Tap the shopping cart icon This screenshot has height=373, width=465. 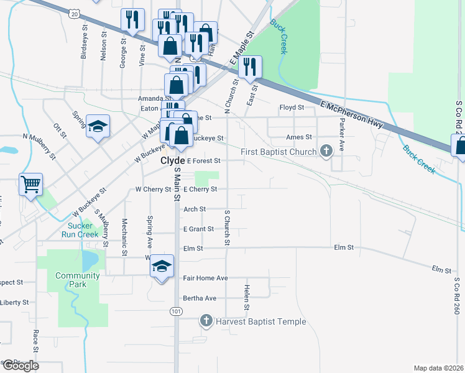(30, 184)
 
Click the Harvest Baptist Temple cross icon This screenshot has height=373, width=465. (206, 321)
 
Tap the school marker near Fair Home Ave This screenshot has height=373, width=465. (162, 267)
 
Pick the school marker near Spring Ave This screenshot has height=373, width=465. (98, 126)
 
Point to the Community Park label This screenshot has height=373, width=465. (77, 275)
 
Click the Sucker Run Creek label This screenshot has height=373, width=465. (80, 230)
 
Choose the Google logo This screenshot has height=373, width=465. (20, 366)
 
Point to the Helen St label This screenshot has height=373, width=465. (247, 298)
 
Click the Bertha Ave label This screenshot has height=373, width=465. (200, 298)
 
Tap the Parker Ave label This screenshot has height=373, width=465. (341, 137)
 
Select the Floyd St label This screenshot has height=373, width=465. (291, 108)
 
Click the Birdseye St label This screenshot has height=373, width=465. (84, 44)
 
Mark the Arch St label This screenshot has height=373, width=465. (195, 210)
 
